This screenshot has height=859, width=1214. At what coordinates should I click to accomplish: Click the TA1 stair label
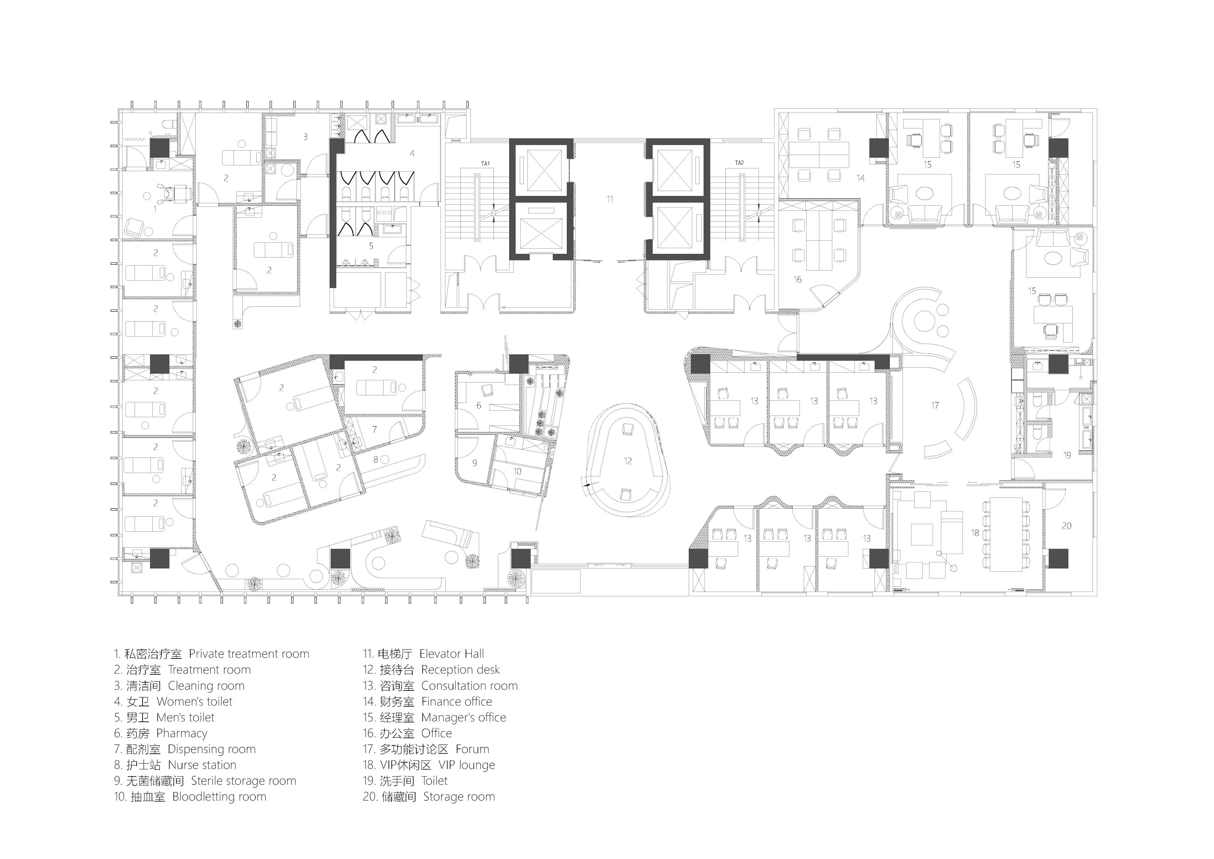click(485, 164)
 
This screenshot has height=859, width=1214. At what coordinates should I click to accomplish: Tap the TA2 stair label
click(739, 163)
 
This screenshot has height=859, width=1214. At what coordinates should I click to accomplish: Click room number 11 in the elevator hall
click(610, 199)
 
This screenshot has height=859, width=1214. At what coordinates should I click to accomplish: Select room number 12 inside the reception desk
click(628, 461)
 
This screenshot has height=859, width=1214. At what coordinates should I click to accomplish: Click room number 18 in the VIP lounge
click(975, 533)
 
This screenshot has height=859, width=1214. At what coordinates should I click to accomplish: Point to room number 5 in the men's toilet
click(371, 246)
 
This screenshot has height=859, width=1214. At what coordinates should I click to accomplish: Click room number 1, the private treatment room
click(155, 209)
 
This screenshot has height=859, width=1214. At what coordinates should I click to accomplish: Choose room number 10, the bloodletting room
click(517, 471)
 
